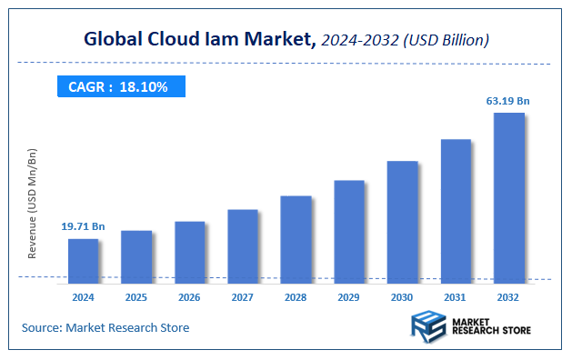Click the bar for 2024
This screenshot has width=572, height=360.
(83, 259)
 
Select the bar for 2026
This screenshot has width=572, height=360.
(189, 250)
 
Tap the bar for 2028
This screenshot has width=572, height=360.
(296, 237)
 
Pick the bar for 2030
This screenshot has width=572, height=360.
(402, 220)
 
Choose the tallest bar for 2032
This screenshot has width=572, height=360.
(508, 195)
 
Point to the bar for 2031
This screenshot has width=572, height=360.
(456, 209)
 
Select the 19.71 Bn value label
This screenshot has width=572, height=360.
(84, 225)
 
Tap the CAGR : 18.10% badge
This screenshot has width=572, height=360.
(120, 86)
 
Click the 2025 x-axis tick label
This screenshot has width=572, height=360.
(136, 296)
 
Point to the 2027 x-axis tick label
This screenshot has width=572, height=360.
(243, 296)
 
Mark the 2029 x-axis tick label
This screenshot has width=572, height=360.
(349, 296)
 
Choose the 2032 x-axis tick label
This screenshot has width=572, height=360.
(508, 296)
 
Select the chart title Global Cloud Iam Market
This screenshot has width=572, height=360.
(199, 39)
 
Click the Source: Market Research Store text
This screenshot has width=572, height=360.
(105, 327)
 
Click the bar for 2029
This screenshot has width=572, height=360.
(349, 229)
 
